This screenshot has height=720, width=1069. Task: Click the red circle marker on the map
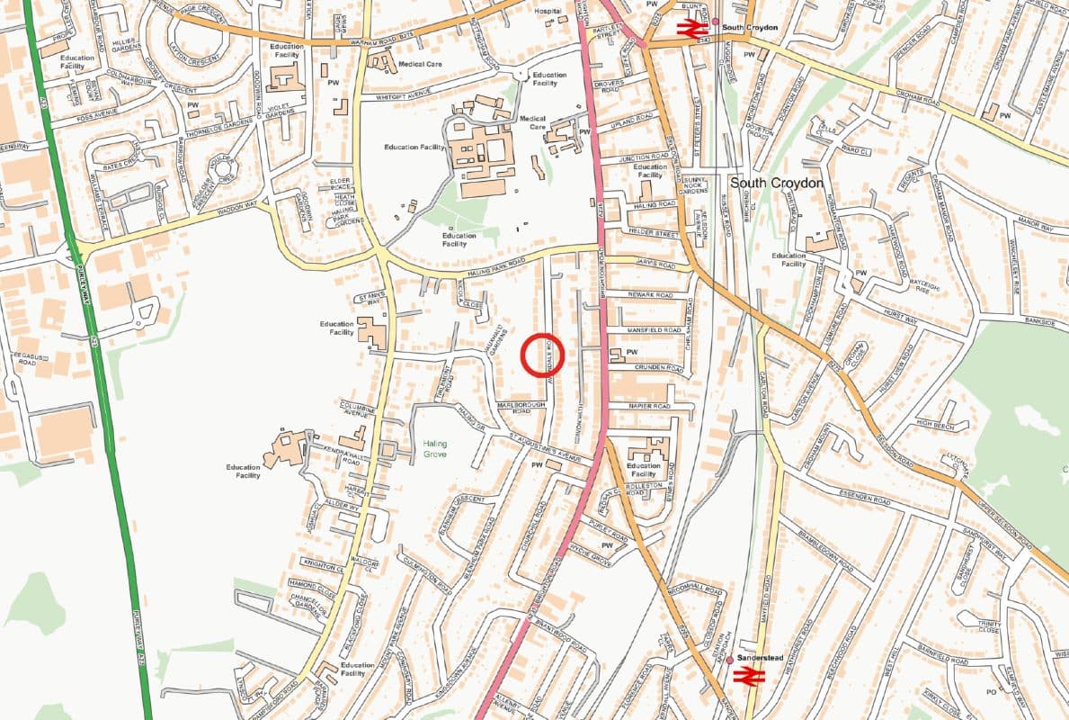click(x=542, y=354)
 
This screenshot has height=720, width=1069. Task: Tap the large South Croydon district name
click(x=776, y=183)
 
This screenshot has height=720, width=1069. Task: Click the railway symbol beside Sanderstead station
click(x=748, y=675)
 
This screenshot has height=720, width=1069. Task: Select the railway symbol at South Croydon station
click(x=690, y=30)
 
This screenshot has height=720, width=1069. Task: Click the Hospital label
click(x=548, y=13)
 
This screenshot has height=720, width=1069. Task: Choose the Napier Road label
click(x=651, y=407)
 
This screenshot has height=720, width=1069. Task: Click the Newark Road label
click(x=651, y=294)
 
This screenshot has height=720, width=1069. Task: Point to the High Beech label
click(x=934, y=423)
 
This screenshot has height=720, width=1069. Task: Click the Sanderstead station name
click(x=755, y=658)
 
